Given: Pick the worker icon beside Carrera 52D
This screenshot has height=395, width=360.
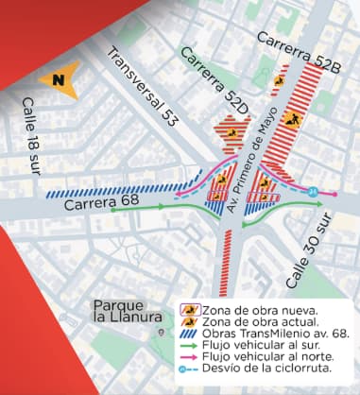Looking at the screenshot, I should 231,132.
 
